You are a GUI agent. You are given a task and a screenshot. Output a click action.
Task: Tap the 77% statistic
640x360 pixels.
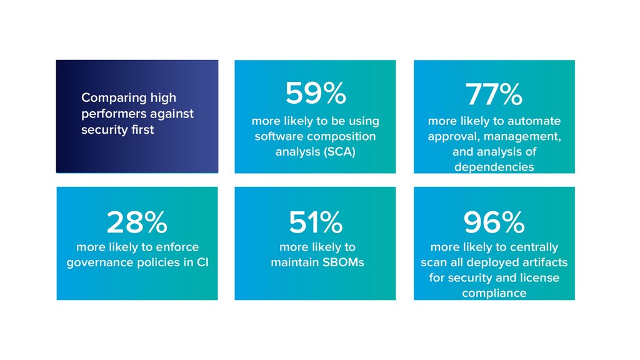(494, 96)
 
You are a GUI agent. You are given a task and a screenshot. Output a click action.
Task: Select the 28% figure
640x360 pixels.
(137, 222)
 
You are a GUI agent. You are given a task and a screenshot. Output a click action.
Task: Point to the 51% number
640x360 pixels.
(316, 222)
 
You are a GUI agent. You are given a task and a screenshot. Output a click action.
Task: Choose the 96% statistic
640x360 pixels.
(494, 222)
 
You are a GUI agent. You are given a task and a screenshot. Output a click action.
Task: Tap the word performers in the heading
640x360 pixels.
(112, 114)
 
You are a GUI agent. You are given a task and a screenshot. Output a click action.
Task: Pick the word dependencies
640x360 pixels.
(494, 167)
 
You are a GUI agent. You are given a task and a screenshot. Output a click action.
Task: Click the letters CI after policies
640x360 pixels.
(202, 262)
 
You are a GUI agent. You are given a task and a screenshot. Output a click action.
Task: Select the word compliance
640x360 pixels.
(494, 293)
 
